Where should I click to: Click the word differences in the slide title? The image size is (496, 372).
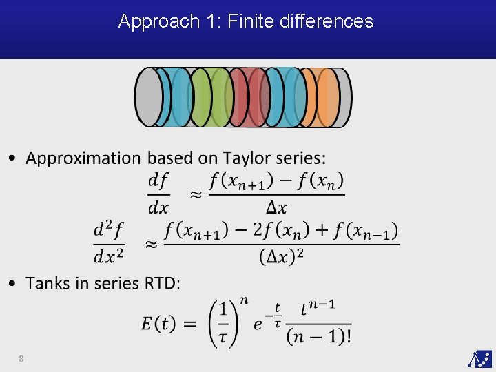tap(327, 21)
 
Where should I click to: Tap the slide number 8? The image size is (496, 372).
tap(22, 358)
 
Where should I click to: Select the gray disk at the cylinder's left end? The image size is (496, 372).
tap(149, 97)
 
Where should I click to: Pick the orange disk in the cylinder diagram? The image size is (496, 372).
tap(326, 97)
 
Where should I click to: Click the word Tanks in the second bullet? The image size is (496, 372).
tap(48, 283)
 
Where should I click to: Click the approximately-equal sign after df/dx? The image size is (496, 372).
tap(196, 195)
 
